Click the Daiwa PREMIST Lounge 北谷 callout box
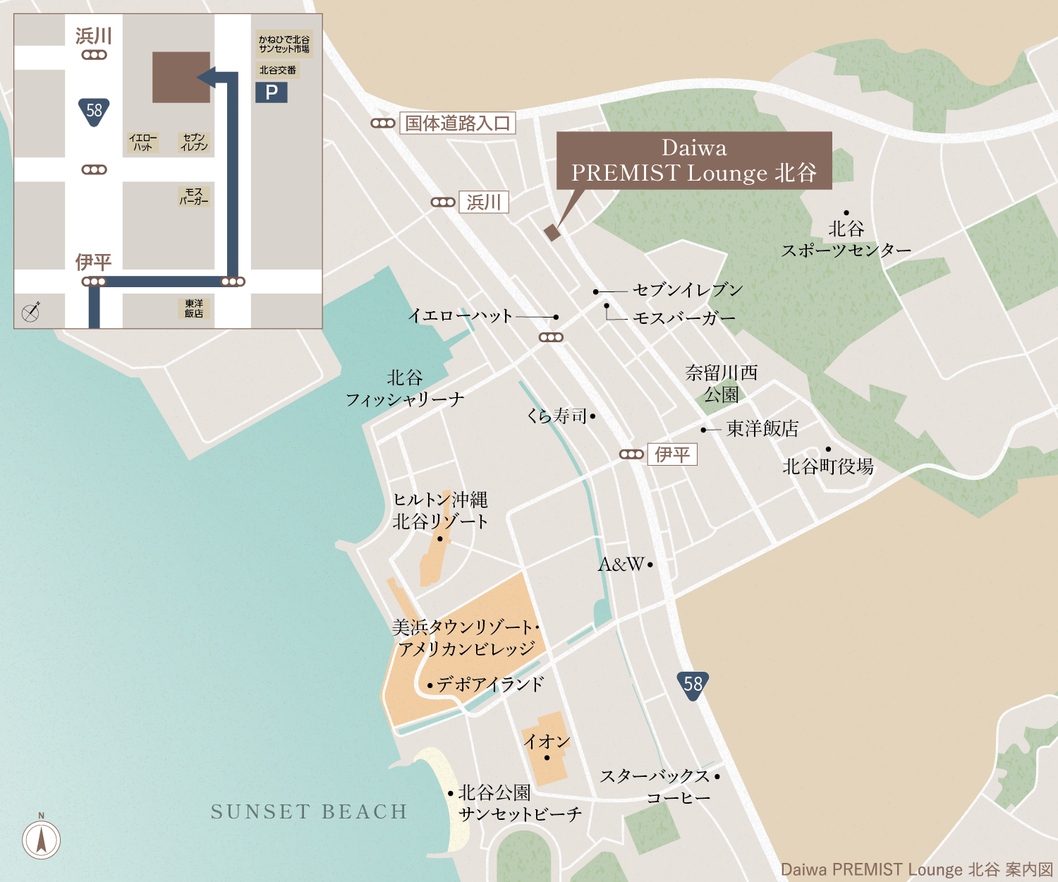(694, 160)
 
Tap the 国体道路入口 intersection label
(457, 123)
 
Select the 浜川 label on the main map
(484, 203)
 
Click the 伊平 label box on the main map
(672, 454)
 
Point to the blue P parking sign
(272, 92)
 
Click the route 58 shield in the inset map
(94, 111)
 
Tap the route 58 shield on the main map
(693, 684)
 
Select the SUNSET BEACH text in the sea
(309, 812)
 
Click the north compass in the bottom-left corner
(41, 839)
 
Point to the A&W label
(621, 564)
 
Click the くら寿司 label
(557, 416)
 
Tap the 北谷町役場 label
(828, 466)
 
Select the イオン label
(546, 742)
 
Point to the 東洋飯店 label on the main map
(762, 429)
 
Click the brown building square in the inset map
(181, 77)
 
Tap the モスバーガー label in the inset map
(193, 196)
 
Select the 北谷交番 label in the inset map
(277, 71)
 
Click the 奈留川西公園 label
(721, 383)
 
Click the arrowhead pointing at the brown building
(207, 77)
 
